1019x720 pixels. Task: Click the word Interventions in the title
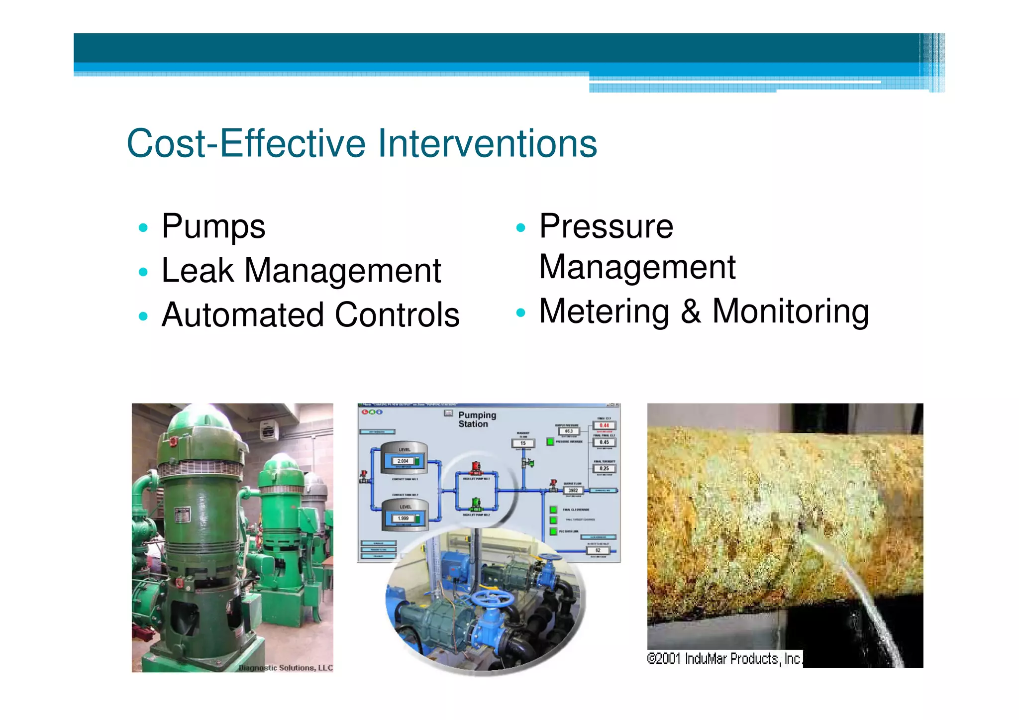[487, 143]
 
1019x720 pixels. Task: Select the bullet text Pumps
[213, 227]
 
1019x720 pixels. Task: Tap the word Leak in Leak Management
[198, 271]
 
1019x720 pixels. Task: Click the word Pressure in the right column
[606, 227]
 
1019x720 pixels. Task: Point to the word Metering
[604, 311]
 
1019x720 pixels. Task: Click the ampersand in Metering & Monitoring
[691, 311]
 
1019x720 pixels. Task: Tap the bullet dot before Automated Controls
[143, 316]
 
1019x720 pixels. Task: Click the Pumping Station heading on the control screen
[477, 419]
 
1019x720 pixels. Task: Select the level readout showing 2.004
[403, 461]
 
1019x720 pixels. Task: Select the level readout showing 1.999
[403, 518]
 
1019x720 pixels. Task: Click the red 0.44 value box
[604, 425]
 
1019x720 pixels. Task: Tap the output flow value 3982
[573, 491]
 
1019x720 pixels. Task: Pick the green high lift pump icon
[476, 504]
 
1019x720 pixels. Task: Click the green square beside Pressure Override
[550, 441]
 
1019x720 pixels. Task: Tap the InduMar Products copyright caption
[724, 659]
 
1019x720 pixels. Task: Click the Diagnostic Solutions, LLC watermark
[286, 668]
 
